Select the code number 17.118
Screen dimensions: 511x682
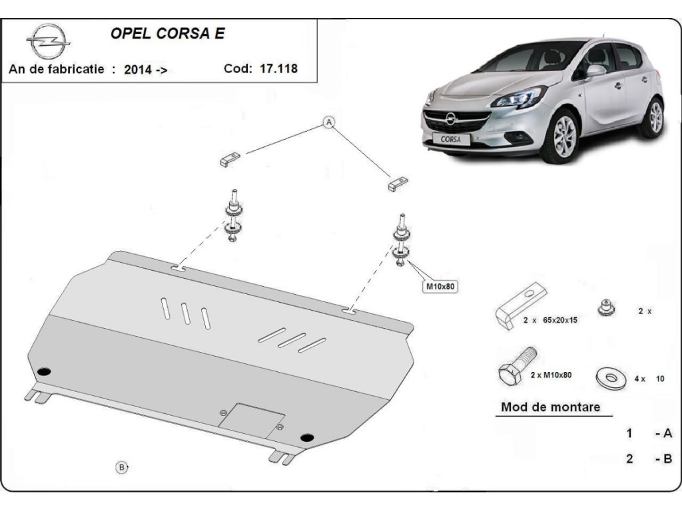(x=280, y=69)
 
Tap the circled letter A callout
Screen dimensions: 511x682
(x=328, y=122)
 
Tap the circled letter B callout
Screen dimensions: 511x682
(x=122, y=467)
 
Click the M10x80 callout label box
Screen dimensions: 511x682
(x=442, y=287)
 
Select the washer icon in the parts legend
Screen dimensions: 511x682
(x=609, y=377)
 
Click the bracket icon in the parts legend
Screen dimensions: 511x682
(x=519, y=305)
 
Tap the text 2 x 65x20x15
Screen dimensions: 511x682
(x=550, y=320)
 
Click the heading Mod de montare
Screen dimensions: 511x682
(x=550, y=407)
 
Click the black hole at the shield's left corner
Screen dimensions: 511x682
(x=44, y=371)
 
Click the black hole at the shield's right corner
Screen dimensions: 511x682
(x=307, y=437)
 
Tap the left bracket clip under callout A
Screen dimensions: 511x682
(x=229, y=159)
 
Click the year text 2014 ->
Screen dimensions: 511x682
(x=145, y=70)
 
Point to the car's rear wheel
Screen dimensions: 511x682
(x=655, y=116)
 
